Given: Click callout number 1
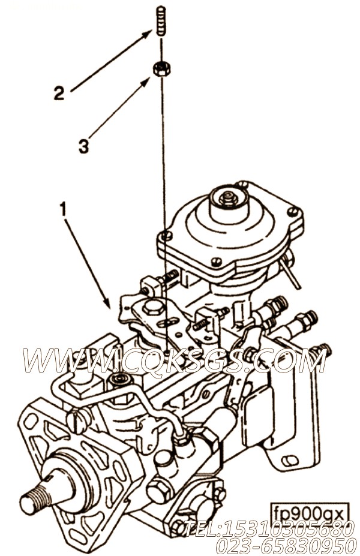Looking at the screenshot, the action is [63, 210].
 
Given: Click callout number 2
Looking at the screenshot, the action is [59, 93].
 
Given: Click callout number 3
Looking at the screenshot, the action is [83, 146].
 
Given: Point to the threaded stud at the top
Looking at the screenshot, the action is [161, 20].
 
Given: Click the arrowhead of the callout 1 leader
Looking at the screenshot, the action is [107, 302].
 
